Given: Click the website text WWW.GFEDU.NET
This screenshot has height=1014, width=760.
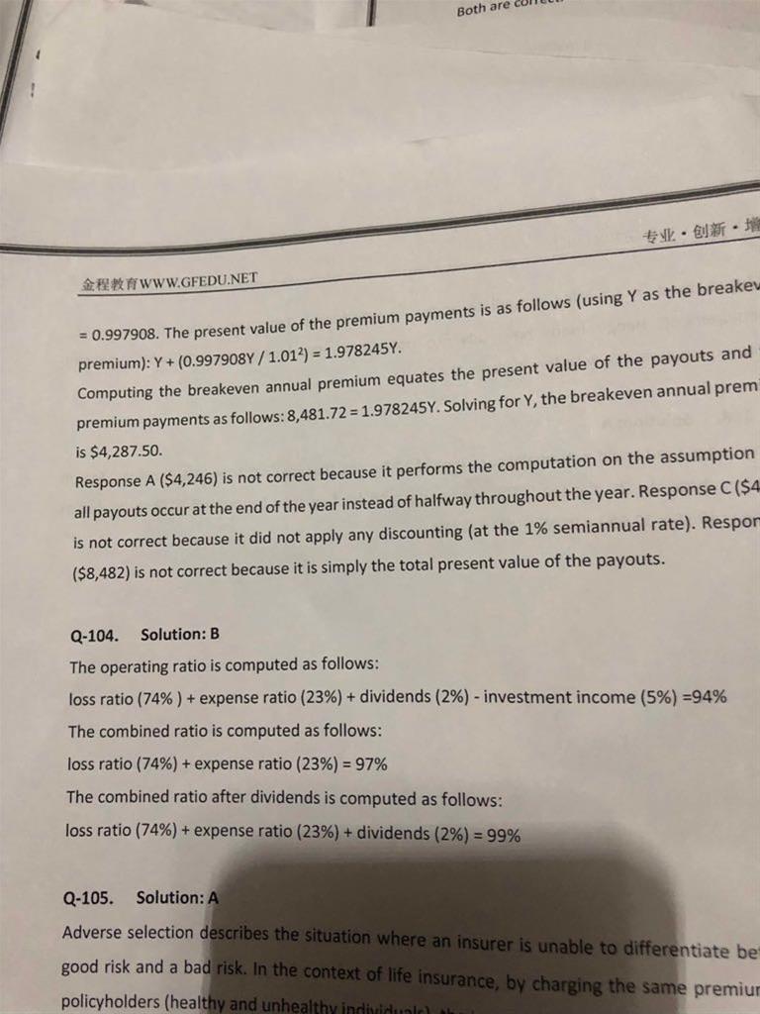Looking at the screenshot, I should [x=202, y=281].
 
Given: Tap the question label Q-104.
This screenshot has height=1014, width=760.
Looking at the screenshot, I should [x=91, y=635].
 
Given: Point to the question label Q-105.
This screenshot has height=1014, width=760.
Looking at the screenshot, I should [x=87, y=899].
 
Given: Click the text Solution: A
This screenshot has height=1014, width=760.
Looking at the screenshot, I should [x=177, y=898].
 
